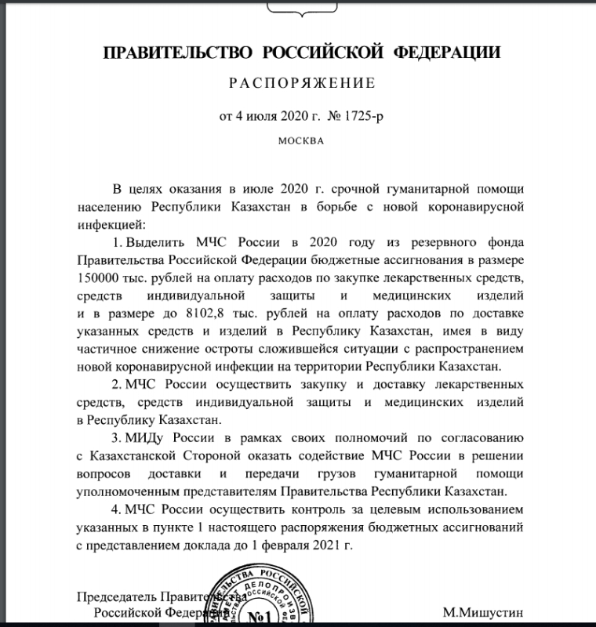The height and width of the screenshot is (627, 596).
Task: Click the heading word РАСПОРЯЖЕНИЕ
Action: pyautogui.click(x=302, y=82)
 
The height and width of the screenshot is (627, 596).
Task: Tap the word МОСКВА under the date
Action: pyautogui.click(x=300, y=142)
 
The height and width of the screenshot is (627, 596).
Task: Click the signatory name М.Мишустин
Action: pyautogui.click(x=482, y=611)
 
